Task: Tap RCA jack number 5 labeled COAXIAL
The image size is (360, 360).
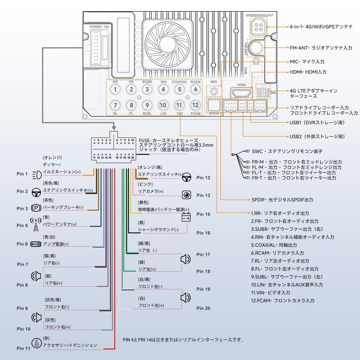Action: point(179,89)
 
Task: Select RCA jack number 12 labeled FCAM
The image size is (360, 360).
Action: point(195,105)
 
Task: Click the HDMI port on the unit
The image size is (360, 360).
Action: point(241,93)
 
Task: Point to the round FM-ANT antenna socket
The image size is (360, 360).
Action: point(256,47)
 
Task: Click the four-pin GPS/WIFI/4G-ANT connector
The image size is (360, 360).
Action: point(258,27)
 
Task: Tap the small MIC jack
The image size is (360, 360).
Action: point(214,91)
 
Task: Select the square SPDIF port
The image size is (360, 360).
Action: point(214,105)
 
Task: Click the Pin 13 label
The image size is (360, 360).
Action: point(203,195)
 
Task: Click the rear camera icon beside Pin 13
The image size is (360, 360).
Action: point(187,195)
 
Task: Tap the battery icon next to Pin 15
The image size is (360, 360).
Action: point(186,217)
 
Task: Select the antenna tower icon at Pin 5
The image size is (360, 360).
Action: point(36,225)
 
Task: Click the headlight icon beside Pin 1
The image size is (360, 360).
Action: point(37,175)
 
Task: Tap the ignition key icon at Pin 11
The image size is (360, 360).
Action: point(36,343)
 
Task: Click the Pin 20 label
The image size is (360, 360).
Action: point(203,308)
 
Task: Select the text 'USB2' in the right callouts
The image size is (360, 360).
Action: point(295,137)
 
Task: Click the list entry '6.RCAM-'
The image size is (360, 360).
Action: point(261,253)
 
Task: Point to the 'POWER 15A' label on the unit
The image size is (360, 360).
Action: point(99,27)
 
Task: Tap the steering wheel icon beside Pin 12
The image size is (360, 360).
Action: point(187,178)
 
